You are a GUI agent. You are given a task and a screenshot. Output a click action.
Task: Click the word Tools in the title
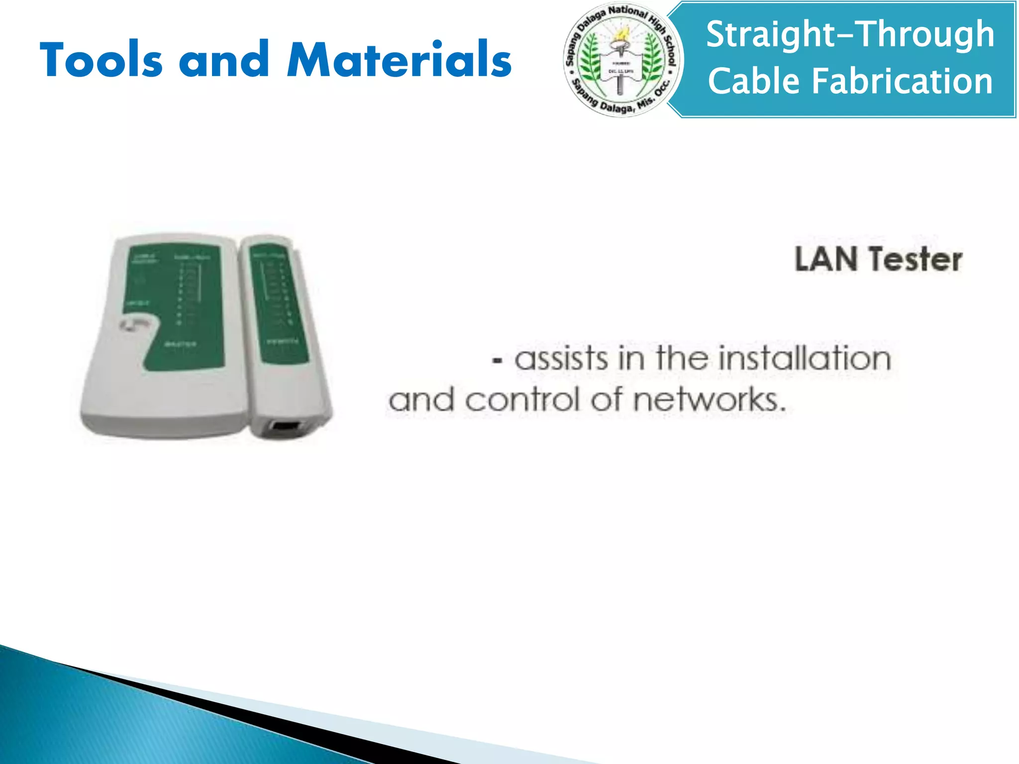click(x=101, y=60)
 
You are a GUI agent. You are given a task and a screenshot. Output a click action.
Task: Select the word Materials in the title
click(x=399, y=60)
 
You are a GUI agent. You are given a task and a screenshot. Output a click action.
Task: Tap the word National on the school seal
click(x=627, y=12)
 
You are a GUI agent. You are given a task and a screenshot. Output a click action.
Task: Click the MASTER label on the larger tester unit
click(x=180, y=344)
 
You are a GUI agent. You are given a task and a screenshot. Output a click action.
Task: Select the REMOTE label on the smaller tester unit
click(x=283, y=342)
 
